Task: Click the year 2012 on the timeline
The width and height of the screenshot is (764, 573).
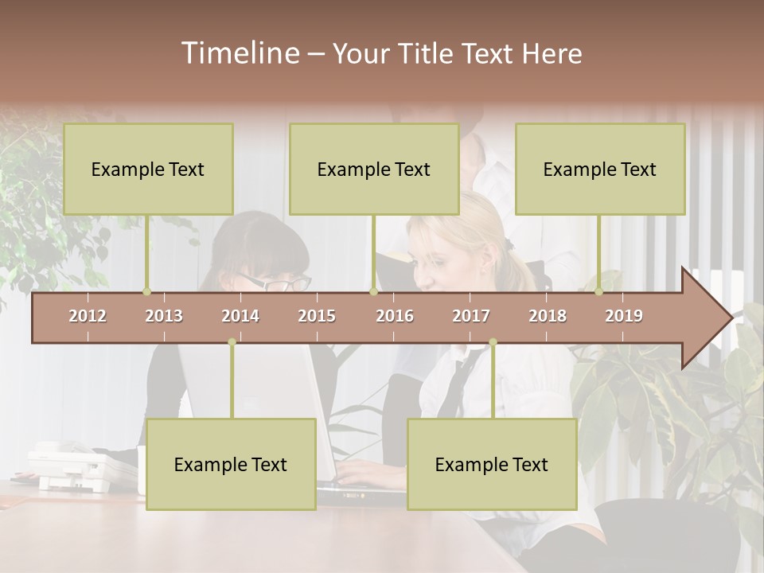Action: click(x=88, y=316)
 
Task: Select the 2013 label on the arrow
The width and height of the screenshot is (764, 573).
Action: click(x=164, y=316)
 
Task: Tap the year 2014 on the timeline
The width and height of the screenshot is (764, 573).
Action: click(x=240, y=316)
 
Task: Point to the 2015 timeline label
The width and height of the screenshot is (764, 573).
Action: click(x=317, y=316)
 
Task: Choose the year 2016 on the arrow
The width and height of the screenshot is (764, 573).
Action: click(x=395, y=316)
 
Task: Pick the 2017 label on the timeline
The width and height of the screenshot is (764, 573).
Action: click(x=471, y=316)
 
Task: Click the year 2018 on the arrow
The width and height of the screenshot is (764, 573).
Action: click(x=548, y=316)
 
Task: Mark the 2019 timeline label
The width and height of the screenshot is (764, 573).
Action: click(x=624, y=316)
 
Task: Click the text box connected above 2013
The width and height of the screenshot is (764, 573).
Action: click(x=148, y=169)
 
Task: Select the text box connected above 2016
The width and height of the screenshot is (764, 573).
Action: click(x=374, y=169)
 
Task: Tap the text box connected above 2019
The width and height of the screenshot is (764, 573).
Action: click(x=600, y=169)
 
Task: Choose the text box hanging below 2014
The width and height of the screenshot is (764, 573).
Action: click(x=231, y=464)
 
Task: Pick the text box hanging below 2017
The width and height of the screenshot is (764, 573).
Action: click(x=492, y=464)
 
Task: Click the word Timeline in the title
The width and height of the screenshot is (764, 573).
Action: click(x=239, y=53)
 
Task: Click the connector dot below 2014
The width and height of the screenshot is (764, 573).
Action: click(x=232, y=342)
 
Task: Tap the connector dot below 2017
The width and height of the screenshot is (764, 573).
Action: click(x=493, y=342)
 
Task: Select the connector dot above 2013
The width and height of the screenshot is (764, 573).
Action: click(x=146, y=291)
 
